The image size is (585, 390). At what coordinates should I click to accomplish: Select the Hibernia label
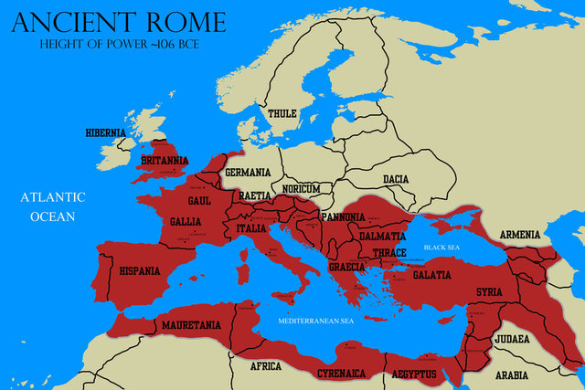105,133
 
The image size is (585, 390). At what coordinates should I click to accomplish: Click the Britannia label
165,161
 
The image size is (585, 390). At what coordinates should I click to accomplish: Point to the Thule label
282,114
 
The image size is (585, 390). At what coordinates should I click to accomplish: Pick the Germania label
248,173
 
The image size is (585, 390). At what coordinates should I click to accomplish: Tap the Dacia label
396,179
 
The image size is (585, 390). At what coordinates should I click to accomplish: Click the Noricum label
301,189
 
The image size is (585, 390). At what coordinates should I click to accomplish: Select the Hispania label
140,271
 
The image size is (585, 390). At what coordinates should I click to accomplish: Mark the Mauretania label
191,325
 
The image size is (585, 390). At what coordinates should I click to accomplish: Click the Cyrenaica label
341,374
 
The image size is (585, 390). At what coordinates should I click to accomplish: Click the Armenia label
519,235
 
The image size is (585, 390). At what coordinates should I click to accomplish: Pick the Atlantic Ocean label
55,206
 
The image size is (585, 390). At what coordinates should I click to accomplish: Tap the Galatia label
431,275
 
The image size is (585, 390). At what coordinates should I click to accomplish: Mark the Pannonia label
344,217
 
